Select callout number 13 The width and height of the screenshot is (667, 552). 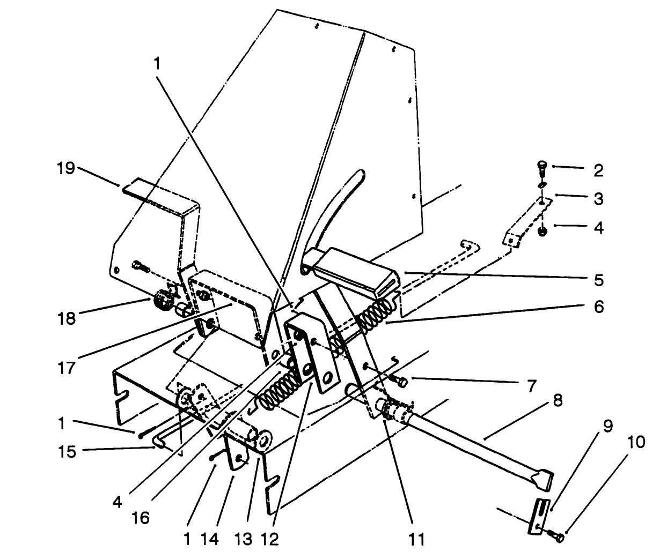242,538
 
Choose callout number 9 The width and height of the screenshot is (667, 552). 607,427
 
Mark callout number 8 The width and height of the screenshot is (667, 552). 558,401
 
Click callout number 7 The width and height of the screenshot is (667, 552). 531,386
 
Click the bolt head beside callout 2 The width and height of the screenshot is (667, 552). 542,166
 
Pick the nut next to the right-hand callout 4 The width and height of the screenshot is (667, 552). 542,232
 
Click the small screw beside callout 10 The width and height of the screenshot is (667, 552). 558,534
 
